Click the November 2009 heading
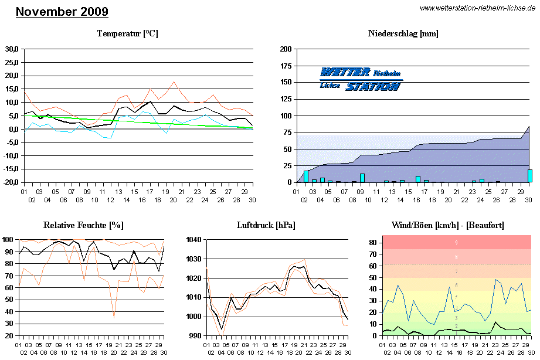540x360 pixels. coord(62,12)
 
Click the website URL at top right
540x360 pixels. coord(477,8)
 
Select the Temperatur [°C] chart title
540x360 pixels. coord(127,33)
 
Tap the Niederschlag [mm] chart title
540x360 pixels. coord(403,33)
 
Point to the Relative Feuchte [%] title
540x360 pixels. coord(83,225)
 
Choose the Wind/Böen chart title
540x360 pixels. coord(447,225)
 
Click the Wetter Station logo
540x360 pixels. coord(361,79)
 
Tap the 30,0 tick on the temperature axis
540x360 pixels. coord(12,49)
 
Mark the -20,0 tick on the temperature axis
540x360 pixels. coord(11,182)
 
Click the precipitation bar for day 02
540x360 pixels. coord(306,176)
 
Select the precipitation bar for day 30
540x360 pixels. coord(529,176)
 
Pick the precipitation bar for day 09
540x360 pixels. coord(362,178)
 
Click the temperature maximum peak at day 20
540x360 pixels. coord(174,82)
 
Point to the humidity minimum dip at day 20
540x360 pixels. coord(114,318)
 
